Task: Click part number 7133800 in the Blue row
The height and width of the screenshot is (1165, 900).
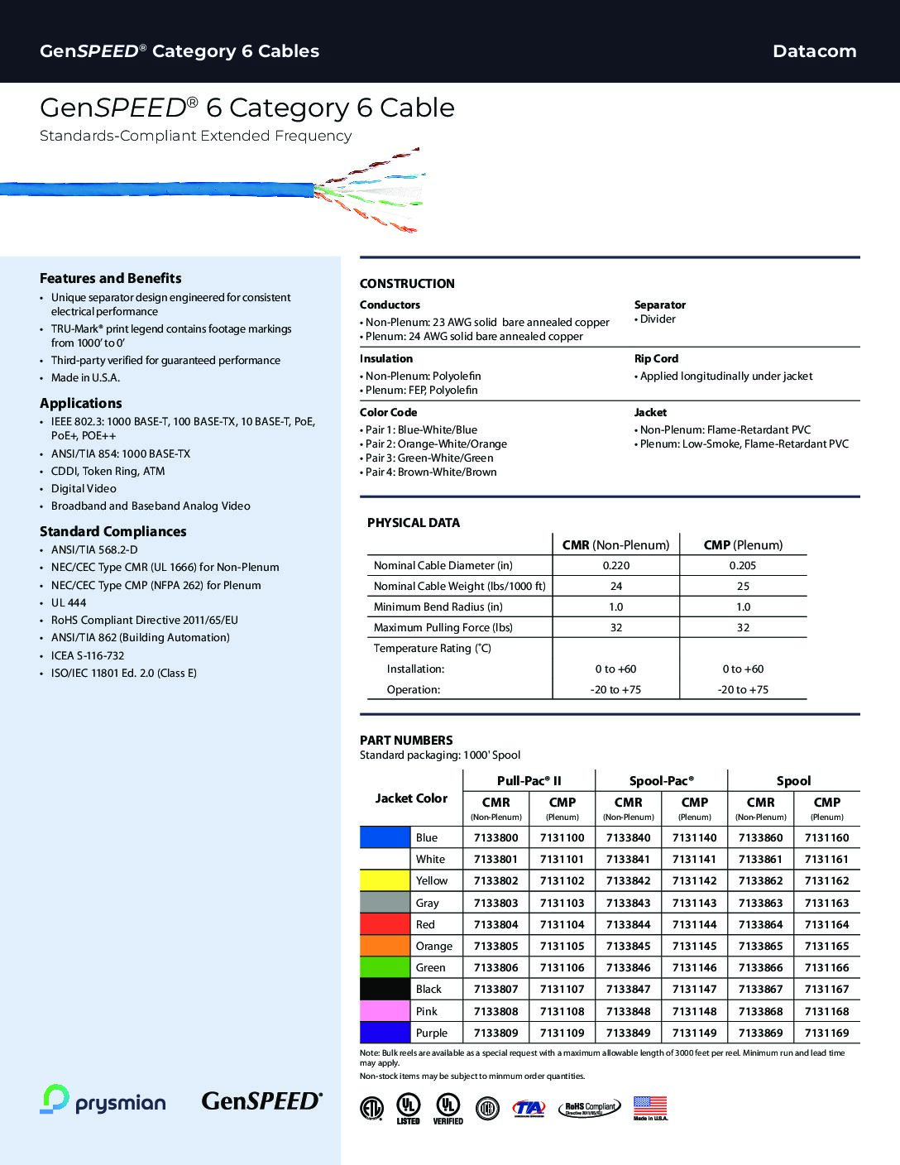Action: [495, 837]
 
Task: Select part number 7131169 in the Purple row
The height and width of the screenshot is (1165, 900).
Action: [826, 1033]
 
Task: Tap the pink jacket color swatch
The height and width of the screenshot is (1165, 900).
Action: [385, 1011]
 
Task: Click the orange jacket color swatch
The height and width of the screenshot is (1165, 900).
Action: [385, 946]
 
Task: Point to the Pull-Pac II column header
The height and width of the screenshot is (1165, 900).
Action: [529, 780]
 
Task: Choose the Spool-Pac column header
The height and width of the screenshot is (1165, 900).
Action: [661, 780]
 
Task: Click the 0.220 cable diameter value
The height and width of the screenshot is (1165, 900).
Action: [615, 565]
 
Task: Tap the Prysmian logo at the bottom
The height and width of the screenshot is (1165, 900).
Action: [103, 1100]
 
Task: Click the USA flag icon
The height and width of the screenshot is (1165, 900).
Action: [650, 1105]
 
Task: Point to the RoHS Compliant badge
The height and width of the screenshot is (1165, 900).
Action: [589, 1109]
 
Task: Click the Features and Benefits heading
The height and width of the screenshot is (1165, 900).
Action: [110, 278]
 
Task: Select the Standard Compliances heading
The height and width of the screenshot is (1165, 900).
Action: [112, 531]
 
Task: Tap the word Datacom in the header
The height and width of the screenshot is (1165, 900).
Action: [814, 51]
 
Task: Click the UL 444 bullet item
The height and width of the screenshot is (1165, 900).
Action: [69, 602]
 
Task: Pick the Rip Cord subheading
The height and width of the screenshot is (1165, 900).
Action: [656, 358]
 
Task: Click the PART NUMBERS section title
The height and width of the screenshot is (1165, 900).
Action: [406, 740]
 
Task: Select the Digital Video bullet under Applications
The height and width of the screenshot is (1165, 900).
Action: [84, 488]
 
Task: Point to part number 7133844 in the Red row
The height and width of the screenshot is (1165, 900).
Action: [628, 924]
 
